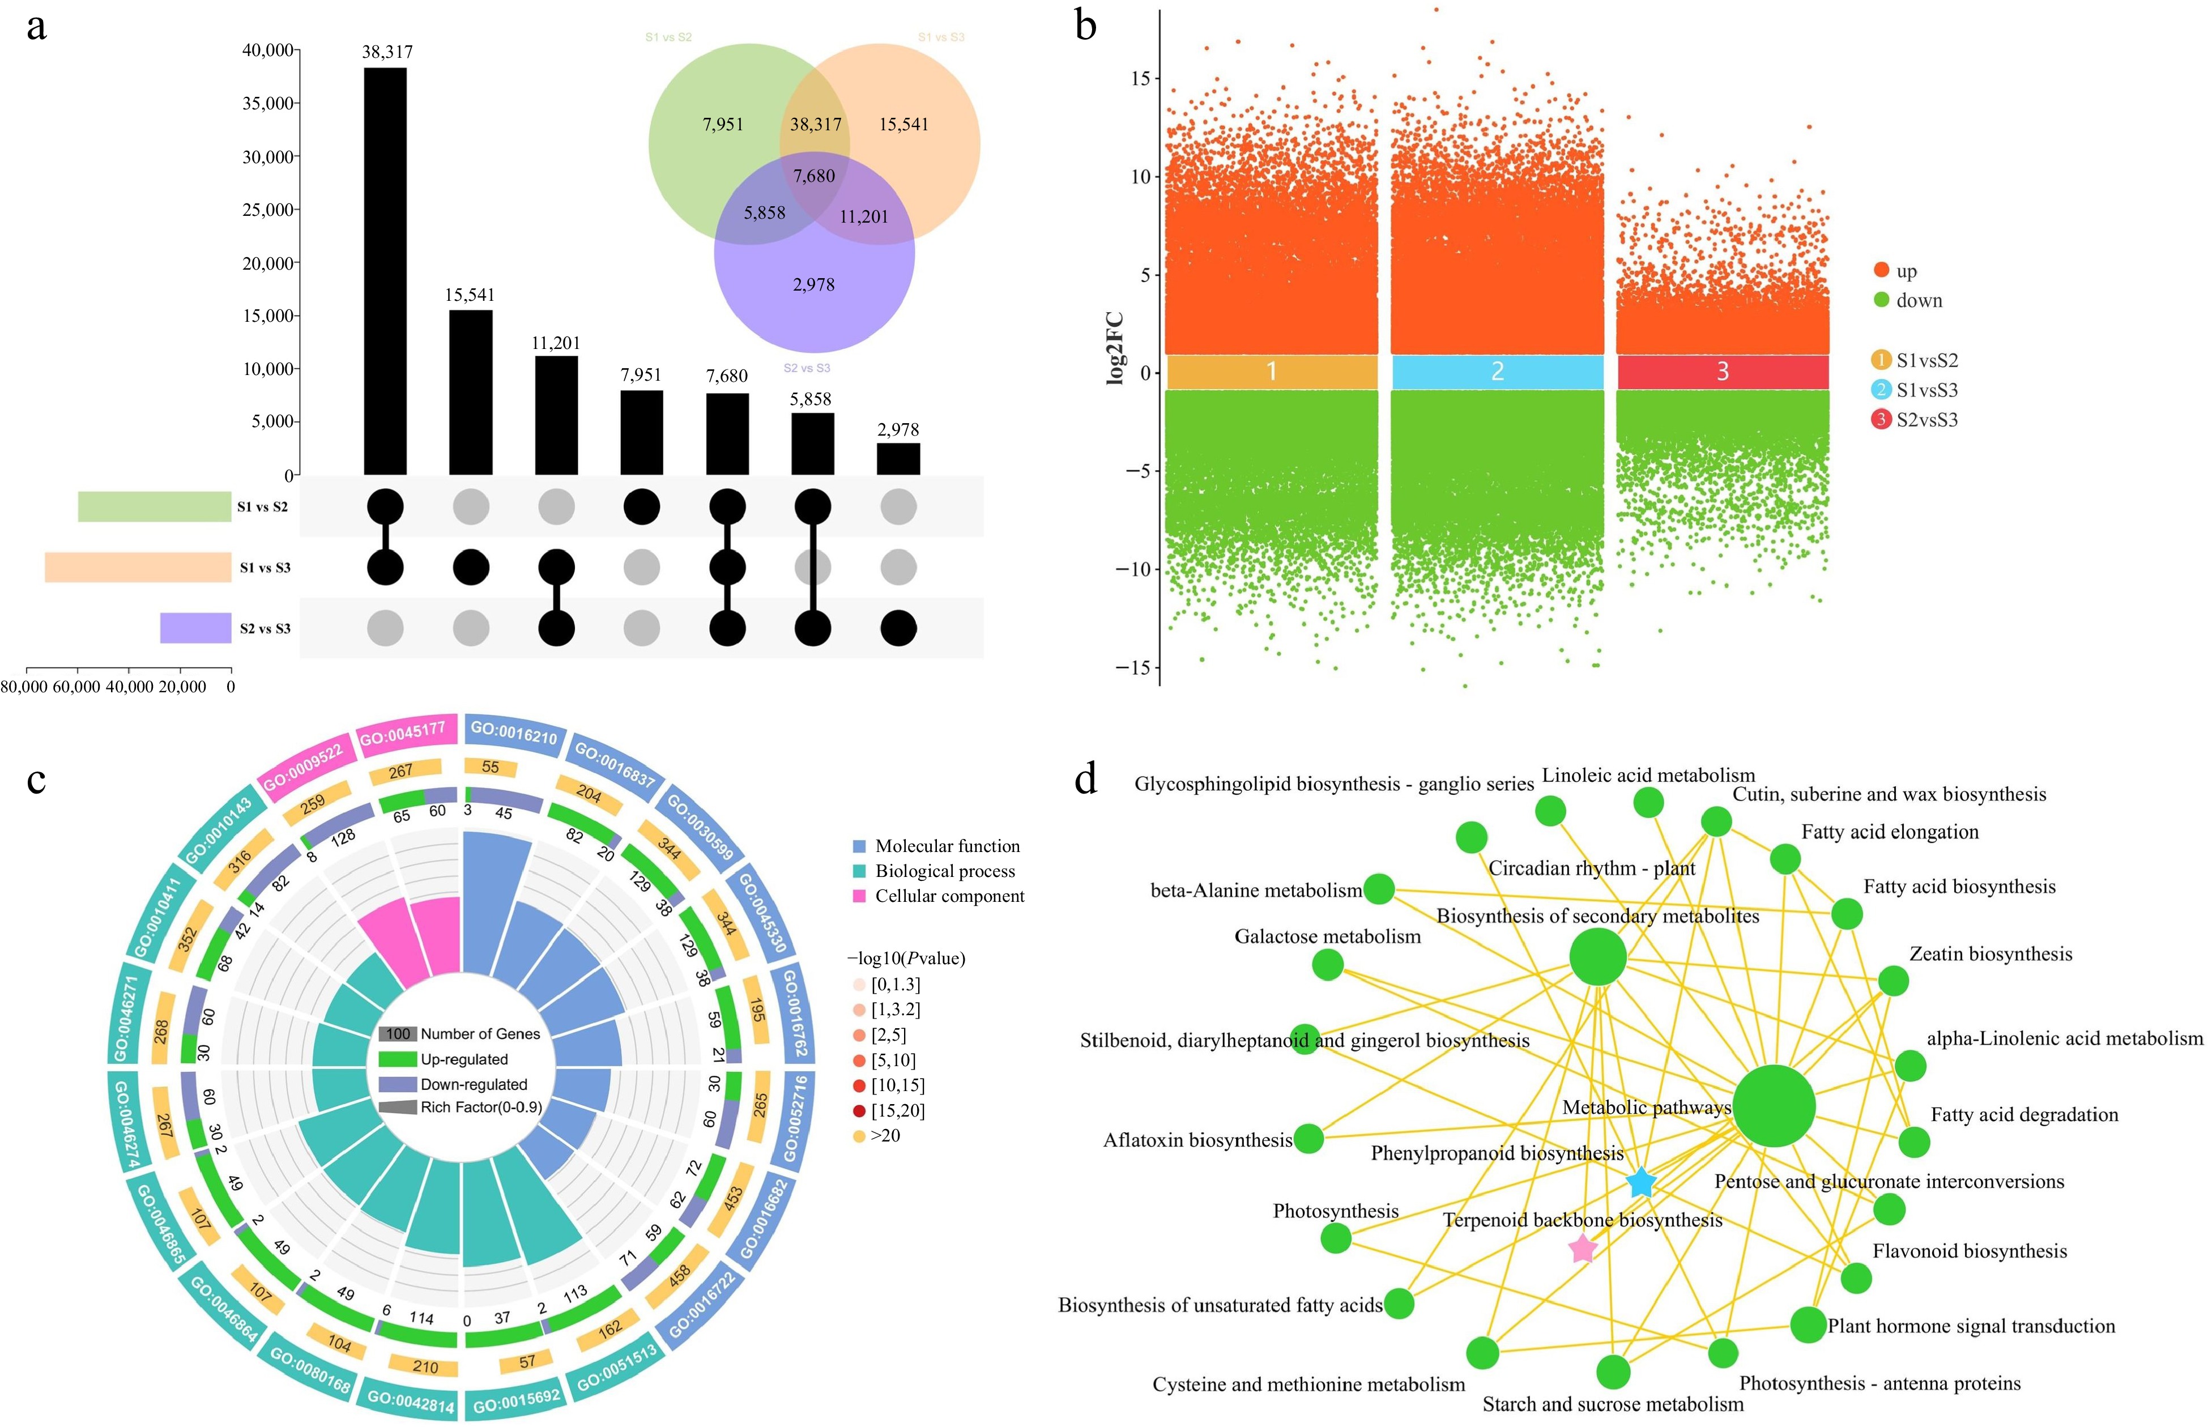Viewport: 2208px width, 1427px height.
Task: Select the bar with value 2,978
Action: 898,459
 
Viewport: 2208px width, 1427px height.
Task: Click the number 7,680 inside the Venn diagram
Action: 813,176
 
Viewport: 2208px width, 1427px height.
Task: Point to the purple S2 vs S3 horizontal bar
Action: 195,627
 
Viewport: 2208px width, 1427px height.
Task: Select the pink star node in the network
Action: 1583,1249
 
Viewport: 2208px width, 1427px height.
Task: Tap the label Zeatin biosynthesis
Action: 1990,955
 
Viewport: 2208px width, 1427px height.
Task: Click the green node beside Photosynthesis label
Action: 1335,1238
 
